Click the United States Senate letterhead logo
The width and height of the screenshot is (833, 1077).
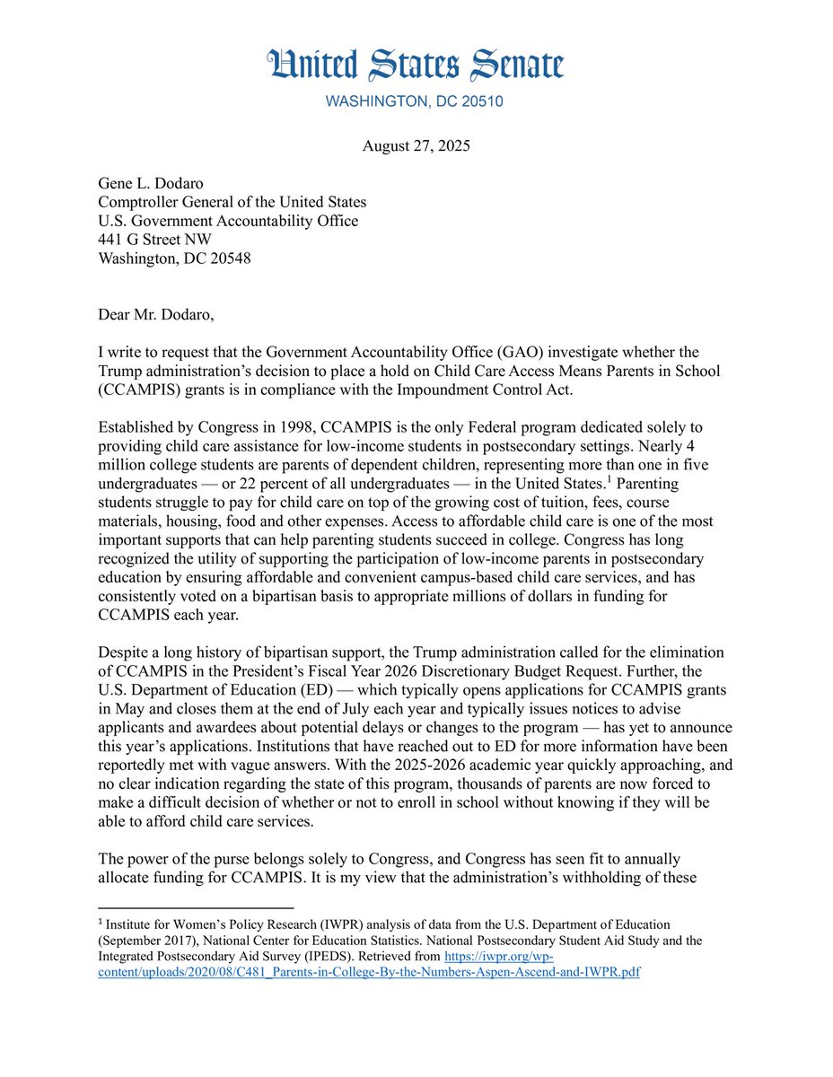coord(416,66)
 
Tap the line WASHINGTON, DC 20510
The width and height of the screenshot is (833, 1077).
coord(415,101)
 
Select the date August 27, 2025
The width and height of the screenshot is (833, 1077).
coord(416,147)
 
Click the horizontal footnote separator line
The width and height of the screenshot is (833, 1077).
coord(195,907)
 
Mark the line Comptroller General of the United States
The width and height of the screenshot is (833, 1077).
coord(232,203)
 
